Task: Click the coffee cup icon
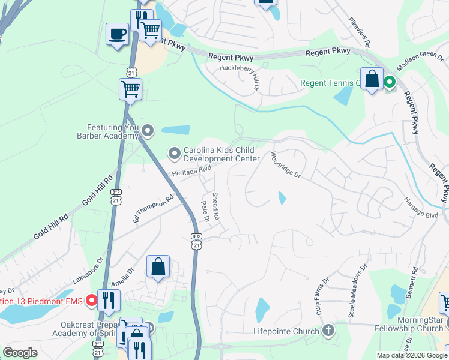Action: click(117, 34)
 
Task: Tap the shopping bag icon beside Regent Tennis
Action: click(372, 79)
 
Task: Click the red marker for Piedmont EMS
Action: click(91, 300)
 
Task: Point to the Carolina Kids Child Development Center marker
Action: click(175, 154)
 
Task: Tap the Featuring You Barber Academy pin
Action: click(148, 130)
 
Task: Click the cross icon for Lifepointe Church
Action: click(328, 330)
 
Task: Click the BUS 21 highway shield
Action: click(196, 241)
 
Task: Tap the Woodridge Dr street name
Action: click(285, 164)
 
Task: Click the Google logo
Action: click(20, 352)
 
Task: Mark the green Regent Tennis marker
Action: click(389, 82)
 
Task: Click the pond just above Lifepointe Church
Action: click(262, 310)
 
